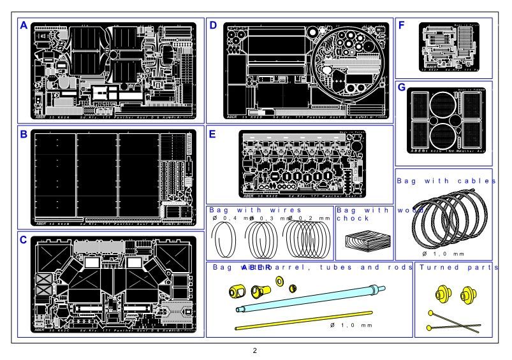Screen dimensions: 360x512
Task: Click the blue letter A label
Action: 24,26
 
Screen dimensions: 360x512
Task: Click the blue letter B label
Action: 24,134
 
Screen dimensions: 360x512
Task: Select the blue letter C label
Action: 24,240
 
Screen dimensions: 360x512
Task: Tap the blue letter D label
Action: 213,26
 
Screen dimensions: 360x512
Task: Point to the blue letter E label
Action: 213,134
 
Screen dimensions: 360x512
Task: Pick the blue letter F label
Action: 402,25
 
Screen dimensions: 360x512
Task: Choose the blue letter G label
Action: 402,88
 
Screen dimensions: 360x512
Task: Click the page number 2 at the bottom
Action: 254,351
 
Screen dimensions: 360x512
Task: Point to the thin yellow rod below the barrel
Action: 304,320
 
